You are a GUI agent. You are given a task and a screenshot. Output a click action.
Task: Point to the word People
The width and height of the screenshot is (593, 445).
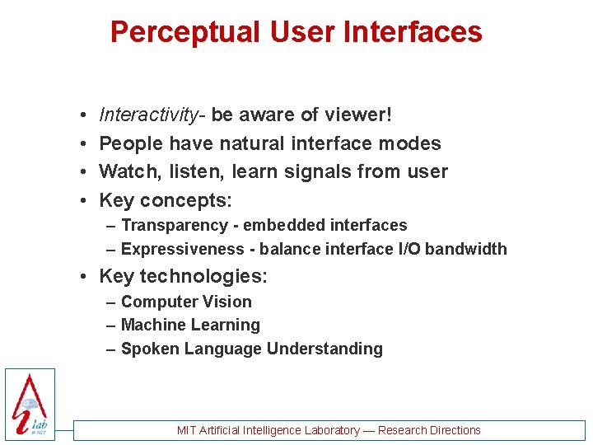pos(131,143)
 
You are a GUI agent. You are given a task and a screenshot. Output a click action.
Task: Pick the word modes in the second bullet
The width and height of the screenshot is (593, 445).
pos(409,143)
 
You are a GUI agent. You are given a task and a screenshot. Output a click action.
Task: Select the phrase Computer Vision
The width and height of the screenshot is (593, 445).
pos(186,302)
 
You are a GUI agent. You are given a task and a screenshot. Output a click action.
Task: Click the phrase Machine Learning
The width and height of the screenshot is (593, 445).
pos(190,325)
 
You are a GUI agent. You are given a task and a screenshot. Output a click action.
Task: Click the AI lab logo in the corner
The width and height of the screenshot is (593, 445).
pos(30,404)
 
